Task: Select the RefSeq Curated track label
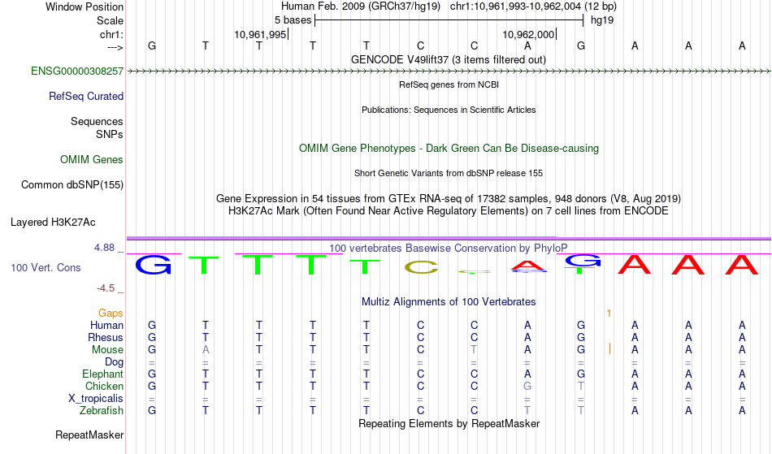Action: click(x=86, y=97)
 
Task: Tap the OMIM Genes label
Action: click(x=92, y=160)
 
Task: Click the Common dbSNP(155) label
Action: click(x=72, y=185)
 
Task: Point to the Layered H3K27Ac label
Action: click(x=53, y=222)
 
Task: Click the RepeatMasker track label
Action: click(x=89, y=435)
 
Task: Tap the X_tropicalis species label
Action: click(x=96, y=399)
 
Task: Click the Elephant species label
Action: click(x=102, y=374)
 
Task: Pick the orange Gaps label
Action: click(x=111, y=313)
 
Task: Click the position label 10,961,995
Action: click(x=260, y=34)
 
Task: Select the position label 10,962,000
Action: click(x=529, y=34)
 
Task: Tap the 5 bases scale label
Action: click(x=293, y=19)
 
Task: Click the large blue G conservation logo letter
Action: click(x=153, y=265)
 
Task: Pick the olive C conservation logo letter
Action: click(x=421, y=266)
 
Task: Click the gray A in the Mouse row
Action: click(x=206, y=350)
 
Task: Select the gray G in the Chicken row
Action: click(x=528, y=387)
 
